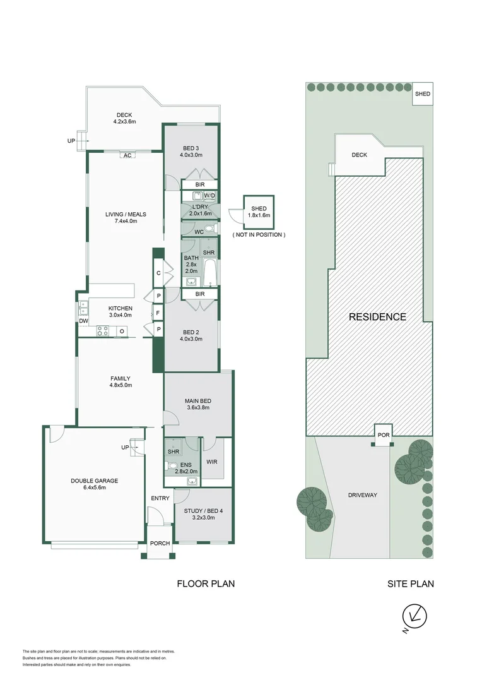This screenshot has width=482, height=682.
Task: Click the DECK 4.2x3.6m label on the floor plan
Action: click(x=123, y=118)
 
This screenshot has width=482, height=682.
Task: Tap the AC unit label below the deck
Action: click(x=127, y=155)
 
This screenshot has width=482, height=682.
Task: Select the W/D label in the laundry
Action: click(x=209, y=196)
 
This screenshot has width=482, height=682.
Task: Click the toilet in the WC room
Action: click(x=213, y=228)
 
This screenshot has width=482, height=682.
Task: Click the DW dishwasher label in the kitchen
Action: click(x=83, y=321)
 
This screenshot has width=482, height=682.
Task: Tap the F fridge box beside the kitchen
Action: click(x=157, y=313)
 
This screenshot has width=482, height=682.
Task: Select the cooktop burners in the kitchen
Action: click(x=103, y=330)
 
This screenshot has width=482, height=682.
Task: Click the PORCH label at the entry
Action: click(x=160, y=542)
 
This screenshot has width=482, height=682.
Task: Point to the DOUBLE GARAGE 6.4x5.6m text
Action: click(x=94, y=484)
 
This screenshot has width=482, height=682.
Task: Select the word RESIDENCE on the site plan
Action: click(x=377, y=317)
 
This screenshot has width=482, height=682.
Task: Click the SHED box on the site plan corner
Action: click(x=422, y=94)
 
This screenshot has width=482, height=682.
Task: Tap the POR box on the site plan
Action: click(x=384, y=435)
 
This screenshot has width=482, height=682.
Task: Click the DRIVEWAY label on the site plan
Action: click(x=362, y=495)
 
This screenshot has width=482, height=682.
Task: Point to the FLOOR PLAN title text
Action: click(x=206, y=584)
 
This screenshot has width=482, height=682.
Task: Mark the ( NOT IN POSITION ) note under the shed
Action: click(x=259, y=234)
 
